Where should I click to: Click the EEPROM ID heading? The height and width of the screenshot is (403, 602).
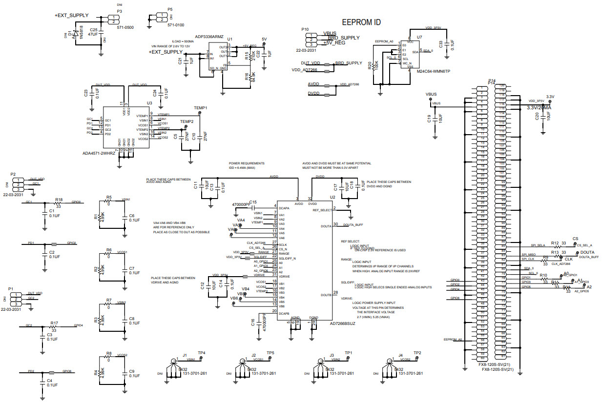(361, 22)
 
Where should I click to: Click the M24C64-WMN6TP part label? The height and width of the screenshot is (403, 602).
(434, 71)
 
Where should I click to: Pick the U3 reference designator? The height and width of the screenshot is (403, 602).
(149, 103)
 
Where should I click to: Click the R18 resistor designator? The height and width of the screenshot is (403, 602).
(59, 200)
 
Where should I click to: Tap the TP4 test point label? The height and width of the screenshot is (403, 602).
(201, 353)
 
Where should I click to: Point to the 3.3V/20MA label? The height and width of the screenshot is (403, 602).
(539, 108)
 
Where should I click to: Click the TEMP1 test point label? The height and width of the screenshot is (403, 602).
(201, 108)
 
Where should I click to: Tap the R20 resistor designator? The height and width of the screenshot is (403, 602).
(370, 65)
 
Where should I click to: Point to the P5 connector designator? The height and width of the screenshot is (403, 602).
(169, 9)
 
